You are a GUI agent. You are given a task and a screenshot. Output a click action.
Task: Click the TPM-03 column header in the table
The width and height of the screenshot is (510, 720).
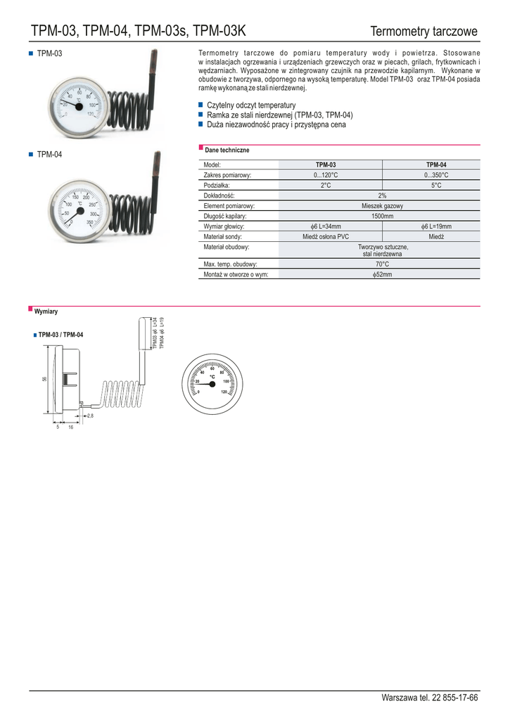pos(326,165)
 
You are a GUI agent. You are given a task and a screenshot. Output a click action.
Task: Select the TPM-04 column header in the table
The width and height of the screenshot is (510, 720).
pos(436,165)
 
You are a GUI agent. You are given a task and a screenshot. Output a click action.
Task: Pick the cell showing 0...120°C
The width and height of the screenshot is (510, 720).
pos(326,175)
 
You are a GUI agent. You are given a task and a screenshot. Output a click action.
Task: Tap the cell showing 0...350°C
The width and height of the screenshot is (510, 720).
pos(436,175)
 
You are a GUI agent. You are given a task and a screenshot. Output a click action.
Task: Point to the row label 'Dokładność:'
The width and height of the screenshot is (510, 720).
pos(219,195)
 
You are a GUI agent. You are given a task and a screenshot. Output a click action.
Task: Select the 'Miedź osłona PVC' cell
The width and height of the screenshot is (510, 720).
pos(326,237)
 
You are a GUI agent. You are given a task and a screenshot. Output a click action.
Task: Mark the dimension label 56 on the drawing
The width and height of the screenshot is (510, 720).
pos(44,380)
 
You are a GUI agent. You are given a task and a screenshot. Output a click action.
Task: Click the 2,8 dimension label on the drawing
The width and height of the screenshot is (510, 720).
pos(90,416)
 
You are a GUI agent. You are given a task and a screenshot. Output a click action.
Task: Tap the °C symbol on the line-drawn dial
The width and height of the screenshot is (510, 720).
pos(212,377)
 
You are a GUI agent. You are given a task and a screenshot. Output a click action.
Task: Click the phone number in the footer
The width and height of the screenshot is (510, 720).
pos(429,697)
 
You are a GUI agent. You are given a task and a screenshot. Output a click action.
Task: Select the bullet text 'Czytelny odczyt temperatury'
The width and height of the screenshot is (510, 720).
pos(251,105)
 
